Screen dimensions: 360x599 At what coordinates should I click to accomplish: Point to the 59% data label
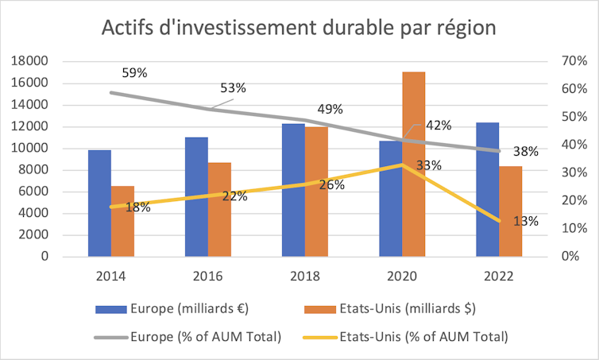pos(134,73)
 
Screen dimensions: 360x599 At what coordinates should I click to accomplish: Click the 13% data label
pos(526,222)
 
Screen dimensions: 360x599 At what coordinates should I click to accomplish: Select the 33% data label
pos(429,165)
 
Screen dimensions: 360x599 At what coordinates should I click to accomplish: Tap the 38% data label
pos(526,151)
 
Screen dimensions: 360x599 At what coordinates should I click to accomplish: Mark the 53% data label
pos(233,88)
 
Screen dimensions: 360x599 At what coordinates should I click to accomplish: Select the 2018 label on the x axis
pos(305,276)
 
